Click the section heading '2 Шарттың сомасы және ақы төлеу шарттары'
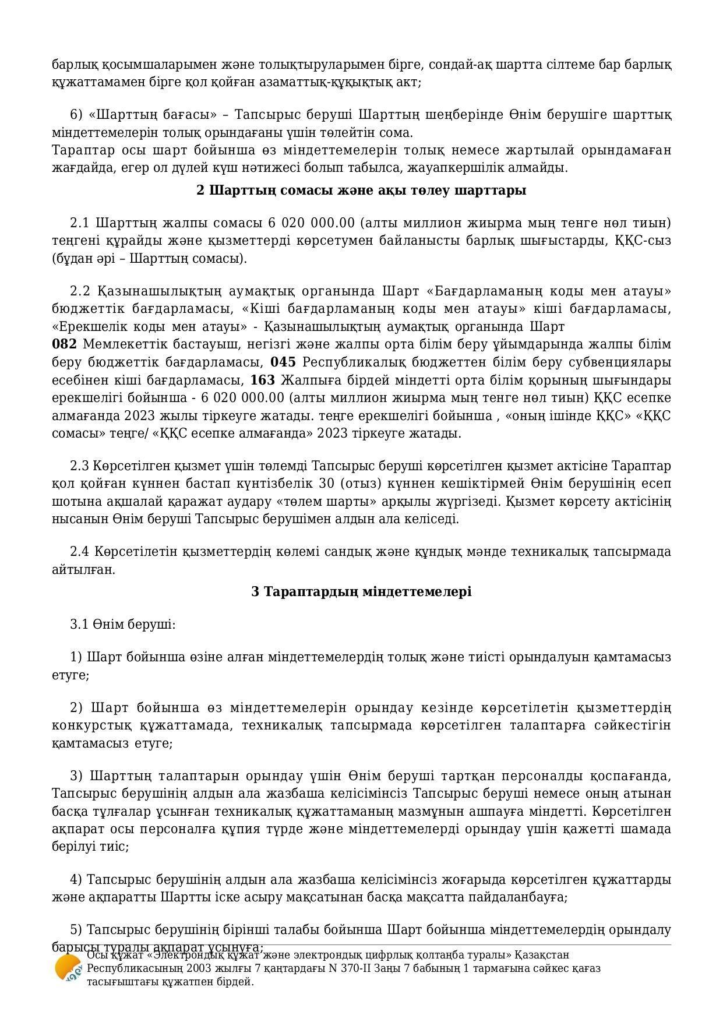point(361,191)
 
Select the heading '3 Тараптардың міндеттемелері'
point(361,591)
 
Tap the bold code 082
point(64,344)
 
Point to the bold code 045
point(283,362)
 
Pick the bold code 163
point(262,380)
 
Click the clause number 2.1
point(79,223)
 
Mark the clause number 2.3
point(79,466)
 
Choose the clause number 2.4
point(79,551)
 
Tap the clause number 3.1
point(79,625)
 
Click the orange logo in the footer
point(68,968)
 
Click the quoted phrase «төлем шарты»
point(336,501)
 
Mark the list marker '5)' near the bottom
point(76,929)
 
